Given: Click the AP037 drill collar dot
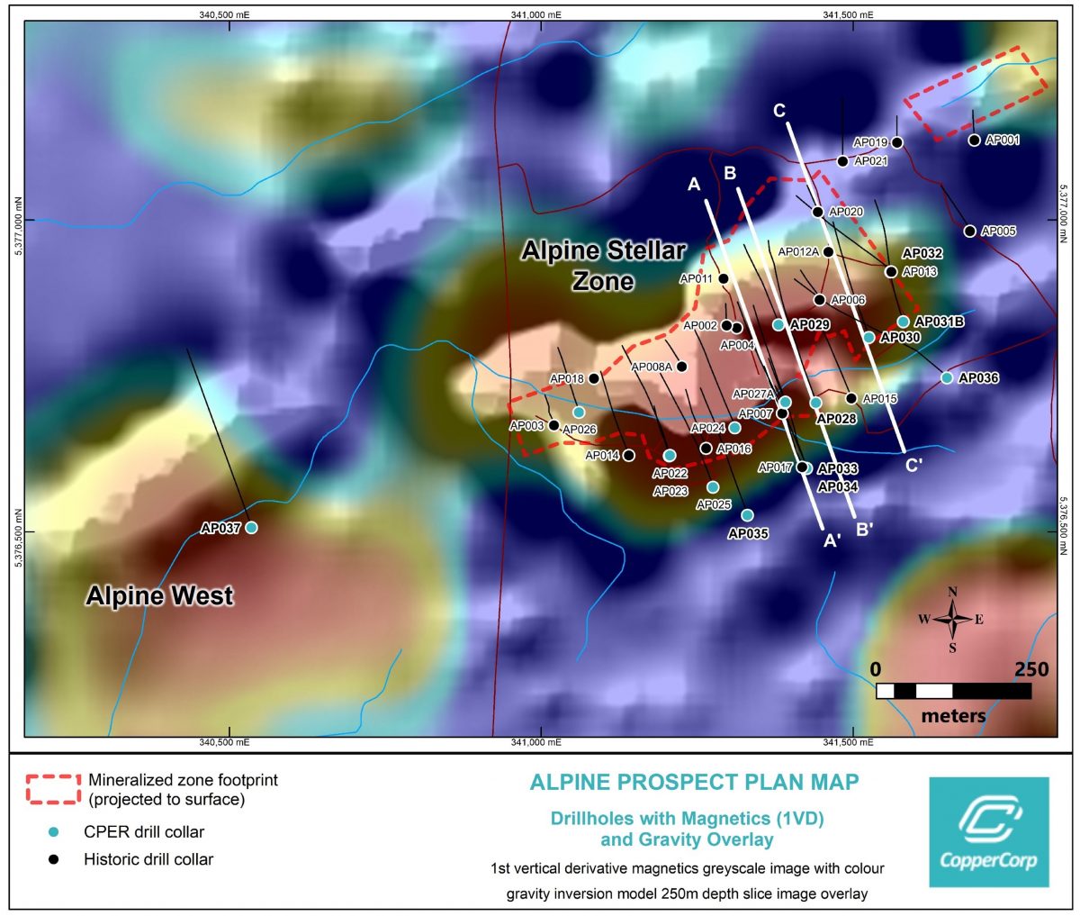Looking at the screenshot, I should pyautogui.click(x=251, y=528).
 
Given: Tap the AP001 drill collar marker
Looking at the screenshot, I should pyautogui.click(x=974, y=140).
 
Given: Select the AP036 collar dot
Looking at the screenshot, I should pyautogui.click(x=947, y=378).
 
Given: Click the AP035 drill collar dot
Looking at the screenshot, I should pyautogui.click(x=747, y=515).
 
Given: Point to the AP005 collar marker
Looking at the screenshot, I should pyautogui.click(x=969, y=231).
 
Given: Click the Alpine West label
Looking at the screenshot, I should pyautogui.click(x=159, y=596).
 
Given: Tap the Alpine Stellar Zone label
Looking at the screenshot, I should pyautogui.click(x=604, y=266).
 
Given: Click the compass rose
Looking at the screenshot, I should pyautogui.click(x=952, y=619).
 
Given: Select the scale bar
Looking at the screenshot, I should pyautogui.click(x=953, y=691).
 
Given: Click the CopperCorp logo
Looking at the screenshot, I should pyautogui.click(x=988, y=831).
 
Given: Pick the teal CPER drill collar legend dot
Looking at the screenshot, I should pyautogui.click(x=54, y=832).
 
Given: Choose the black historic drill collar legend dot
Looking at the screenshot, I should pyautogui.click(x=54, y=859).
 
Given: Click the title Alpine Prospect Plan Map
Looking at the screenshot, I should pyautogui.click(x=694, y=782).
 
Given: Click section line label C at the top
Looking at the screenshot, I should pyautogui.click(x=779, y=111).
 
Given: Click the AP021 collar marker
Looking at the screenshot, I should pyautogui.click(x=842, y=161).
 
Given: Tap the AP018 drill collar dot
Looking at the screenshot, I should pyautogui.click(x=594, y=378).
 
